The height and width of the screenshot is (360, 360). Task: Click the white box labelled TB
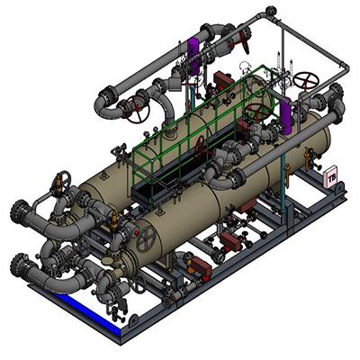tap(331, 177)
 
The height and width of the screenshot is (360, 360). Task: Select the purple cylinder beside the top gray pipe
tap(193, 55)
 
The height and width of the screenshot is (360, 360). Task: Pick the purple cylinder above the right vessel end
tap(286, 115)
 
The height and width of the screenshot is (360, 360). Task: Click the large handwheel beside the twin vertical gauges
tap(306, 81)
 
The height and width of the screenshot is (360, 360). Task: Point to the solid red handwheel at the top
tap(244, 41)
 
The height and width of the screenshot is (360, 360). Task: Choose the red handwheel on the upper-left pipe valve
tap(137, 110)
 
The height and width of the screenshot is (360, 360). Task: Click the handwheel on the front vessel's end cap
tap(146, 239)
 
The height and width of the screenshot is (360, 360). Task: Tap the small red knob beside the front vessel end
tap(137, 233)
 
